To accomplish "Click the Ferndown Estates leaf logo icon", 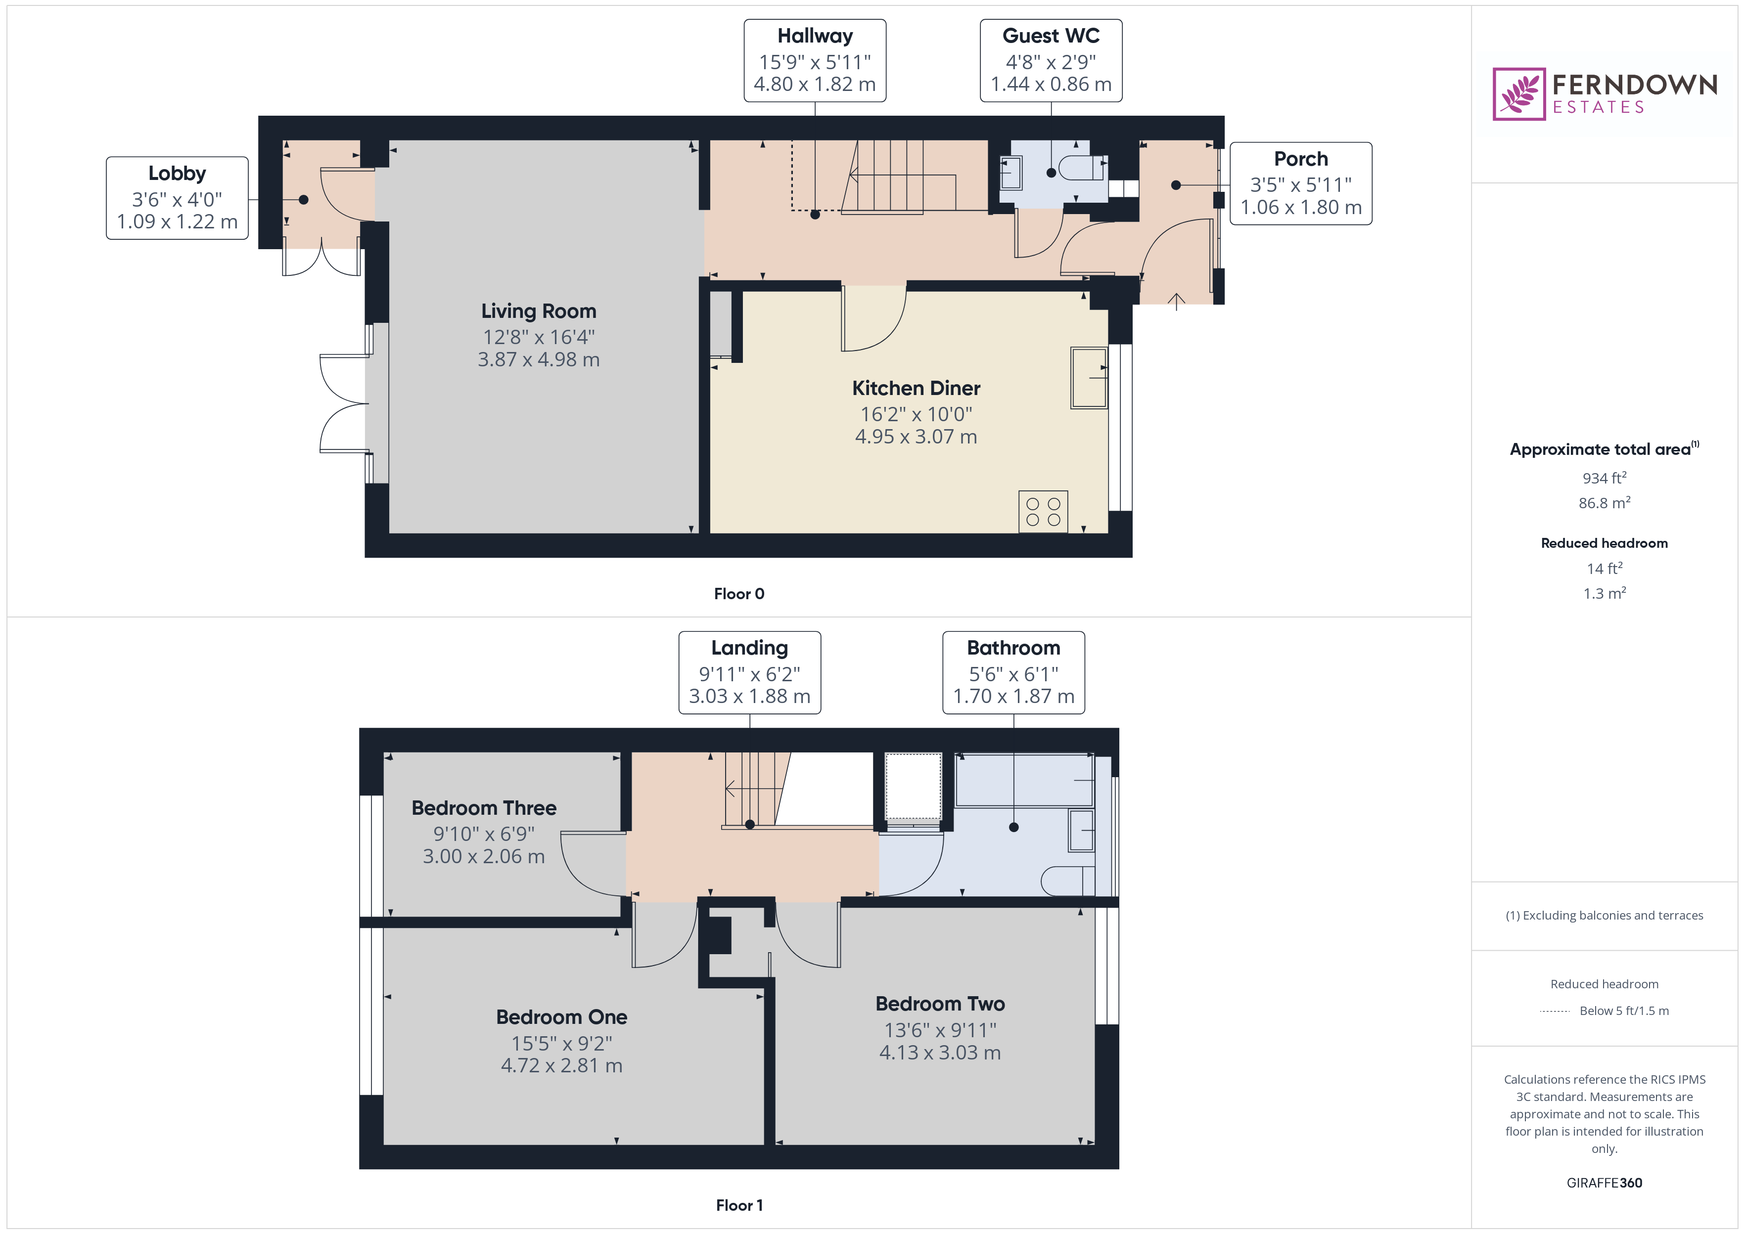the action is [x=1518, y=94].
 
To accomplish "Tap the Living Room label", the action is [x=538, y=311].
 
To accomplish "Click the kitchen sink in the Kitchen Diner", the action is [x=1088, y=378].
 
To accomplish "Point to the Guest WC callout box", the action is [x=1051, y=61].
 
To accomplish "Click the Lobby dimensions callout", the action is [x=177, y=198].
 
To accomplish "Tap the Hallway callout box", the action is [x=815, y=61].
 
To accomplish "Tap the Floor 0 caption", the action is [x=739, y=593].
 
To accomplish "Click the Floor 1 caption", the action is [x=739, y=1205].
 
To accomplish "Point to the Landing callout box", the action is [x=749, y=672].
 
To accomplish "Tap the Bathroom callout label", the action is [x=1013, y=672].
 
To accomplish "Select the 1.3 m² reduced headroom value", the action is [x=1605, y=593].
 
